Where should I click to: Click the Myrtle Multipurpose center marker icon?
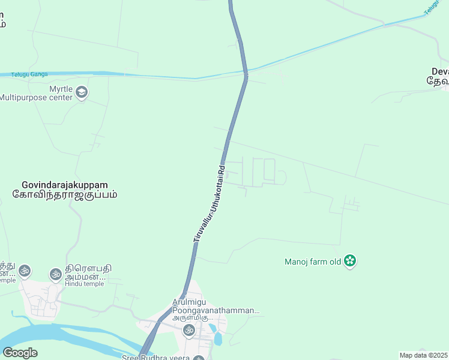82,92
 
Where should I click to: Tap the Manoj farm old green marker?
351,261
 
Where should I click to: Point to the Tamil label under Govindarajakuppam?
64,194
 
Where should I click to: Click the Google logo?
20,352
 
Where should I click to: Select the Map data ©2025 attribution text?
424,355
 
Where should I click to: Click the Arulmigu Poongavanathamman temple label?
215,307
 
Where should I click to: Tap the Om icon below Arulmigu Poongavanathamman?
188,329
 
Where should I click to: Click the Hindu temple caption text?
85,284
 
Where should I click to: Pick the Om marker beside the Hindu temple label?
55,274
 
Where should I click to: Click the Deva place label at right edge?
437,75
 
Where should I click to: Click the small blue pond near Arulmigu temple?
217,338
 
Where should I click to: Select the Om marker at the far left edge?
25,271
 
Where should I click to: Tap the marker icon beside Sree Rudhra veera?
199,358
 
